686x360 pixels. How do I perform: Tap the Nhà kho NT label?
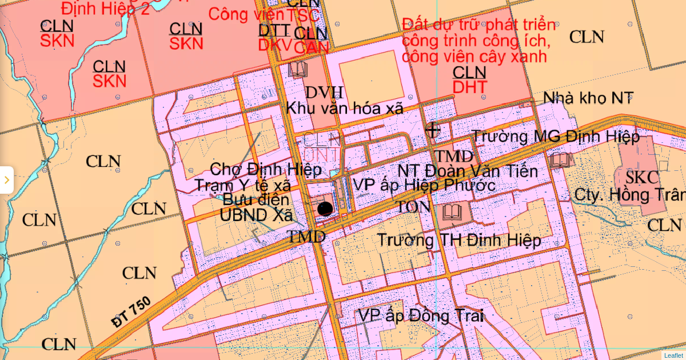(x=588, y=98)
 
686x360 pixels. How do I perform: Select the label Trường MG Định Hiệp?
(x=556, y=137)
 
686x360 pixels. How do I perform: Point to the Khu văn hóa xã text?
(x=345, y=107)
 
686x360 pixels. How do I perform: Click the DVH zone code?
(x=324, y=93)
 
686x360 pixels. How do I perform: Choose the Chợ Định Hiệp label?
(x=266, y=170)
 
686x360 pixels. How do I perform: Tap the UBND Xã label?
(x=257, y=215)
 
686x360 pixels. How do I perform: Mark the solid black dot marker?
(x=325, y=209)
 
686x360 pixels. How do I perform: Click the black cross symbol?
(x=433, y=130)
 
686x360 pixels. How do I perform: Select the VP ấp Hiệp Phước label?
(x=424, y=185)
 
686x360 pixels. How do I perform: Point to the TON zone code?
(x=414, y=207)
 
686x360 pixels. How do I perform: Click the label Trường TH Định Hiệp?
(x=458, y=241)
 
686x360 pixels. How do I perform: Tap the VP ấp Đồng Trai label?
(x=421, y=315)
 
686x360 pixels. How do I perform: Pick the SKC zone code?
(x=642, y=178)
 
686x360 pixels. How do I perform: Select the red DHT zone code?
(x=469, y=87)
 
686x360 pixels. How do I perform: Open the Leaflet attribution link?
(x=673, y=355)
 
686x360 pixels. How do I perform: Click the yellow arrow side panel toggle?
(x=6, y=180)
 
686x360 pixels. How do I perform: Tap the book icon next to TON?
(x=453, y=213)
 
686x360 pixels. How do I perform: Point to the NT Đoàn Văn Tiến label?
(x=468, y=171)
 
